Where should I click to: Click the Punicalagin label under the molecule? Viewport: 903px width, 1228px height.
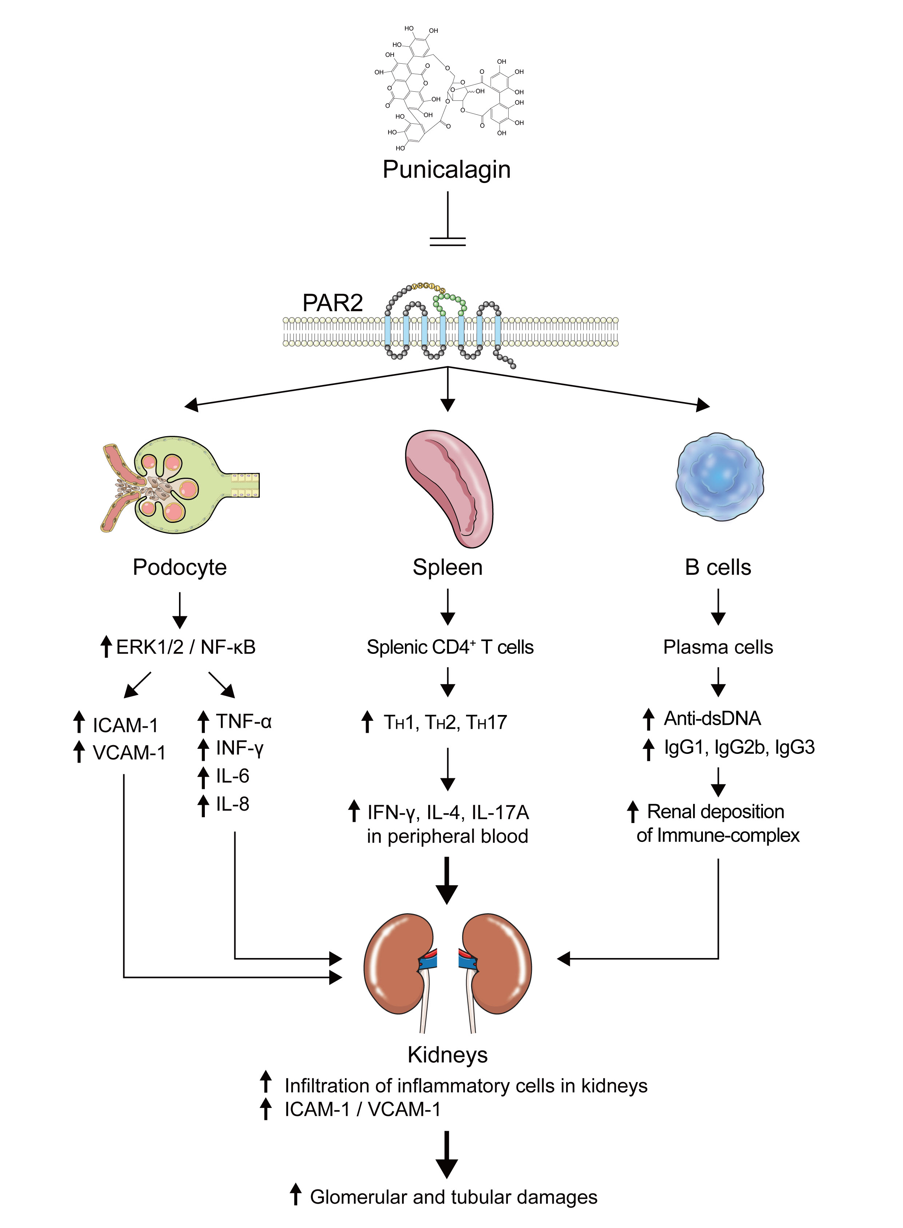tap(446, 170)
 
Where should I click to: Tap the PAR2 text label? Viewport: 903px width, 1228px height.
tap(332, 303)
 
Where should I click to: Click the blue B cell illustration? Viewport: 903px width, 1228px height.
tap(719, 477)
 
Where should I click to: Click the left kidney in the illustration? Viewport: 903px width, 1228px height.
tap(399, 965)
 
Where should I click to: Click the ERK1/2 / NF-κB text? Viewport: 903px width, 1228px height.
tap(186, 647)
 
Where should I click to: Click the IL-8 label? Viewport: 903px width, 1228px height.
tap(233, 804)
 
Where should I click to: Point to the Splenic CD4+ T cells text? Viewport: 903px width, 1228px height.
tap(450, 647)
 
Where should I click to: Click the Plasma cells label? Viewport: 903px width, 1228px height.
tap(718, 647)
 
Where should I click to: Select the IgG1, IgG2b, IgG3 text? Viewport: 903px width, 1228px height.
tap(739, 747)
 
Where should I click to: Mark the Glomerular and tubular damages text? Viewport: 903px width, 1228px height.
tap(453, 1197)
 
